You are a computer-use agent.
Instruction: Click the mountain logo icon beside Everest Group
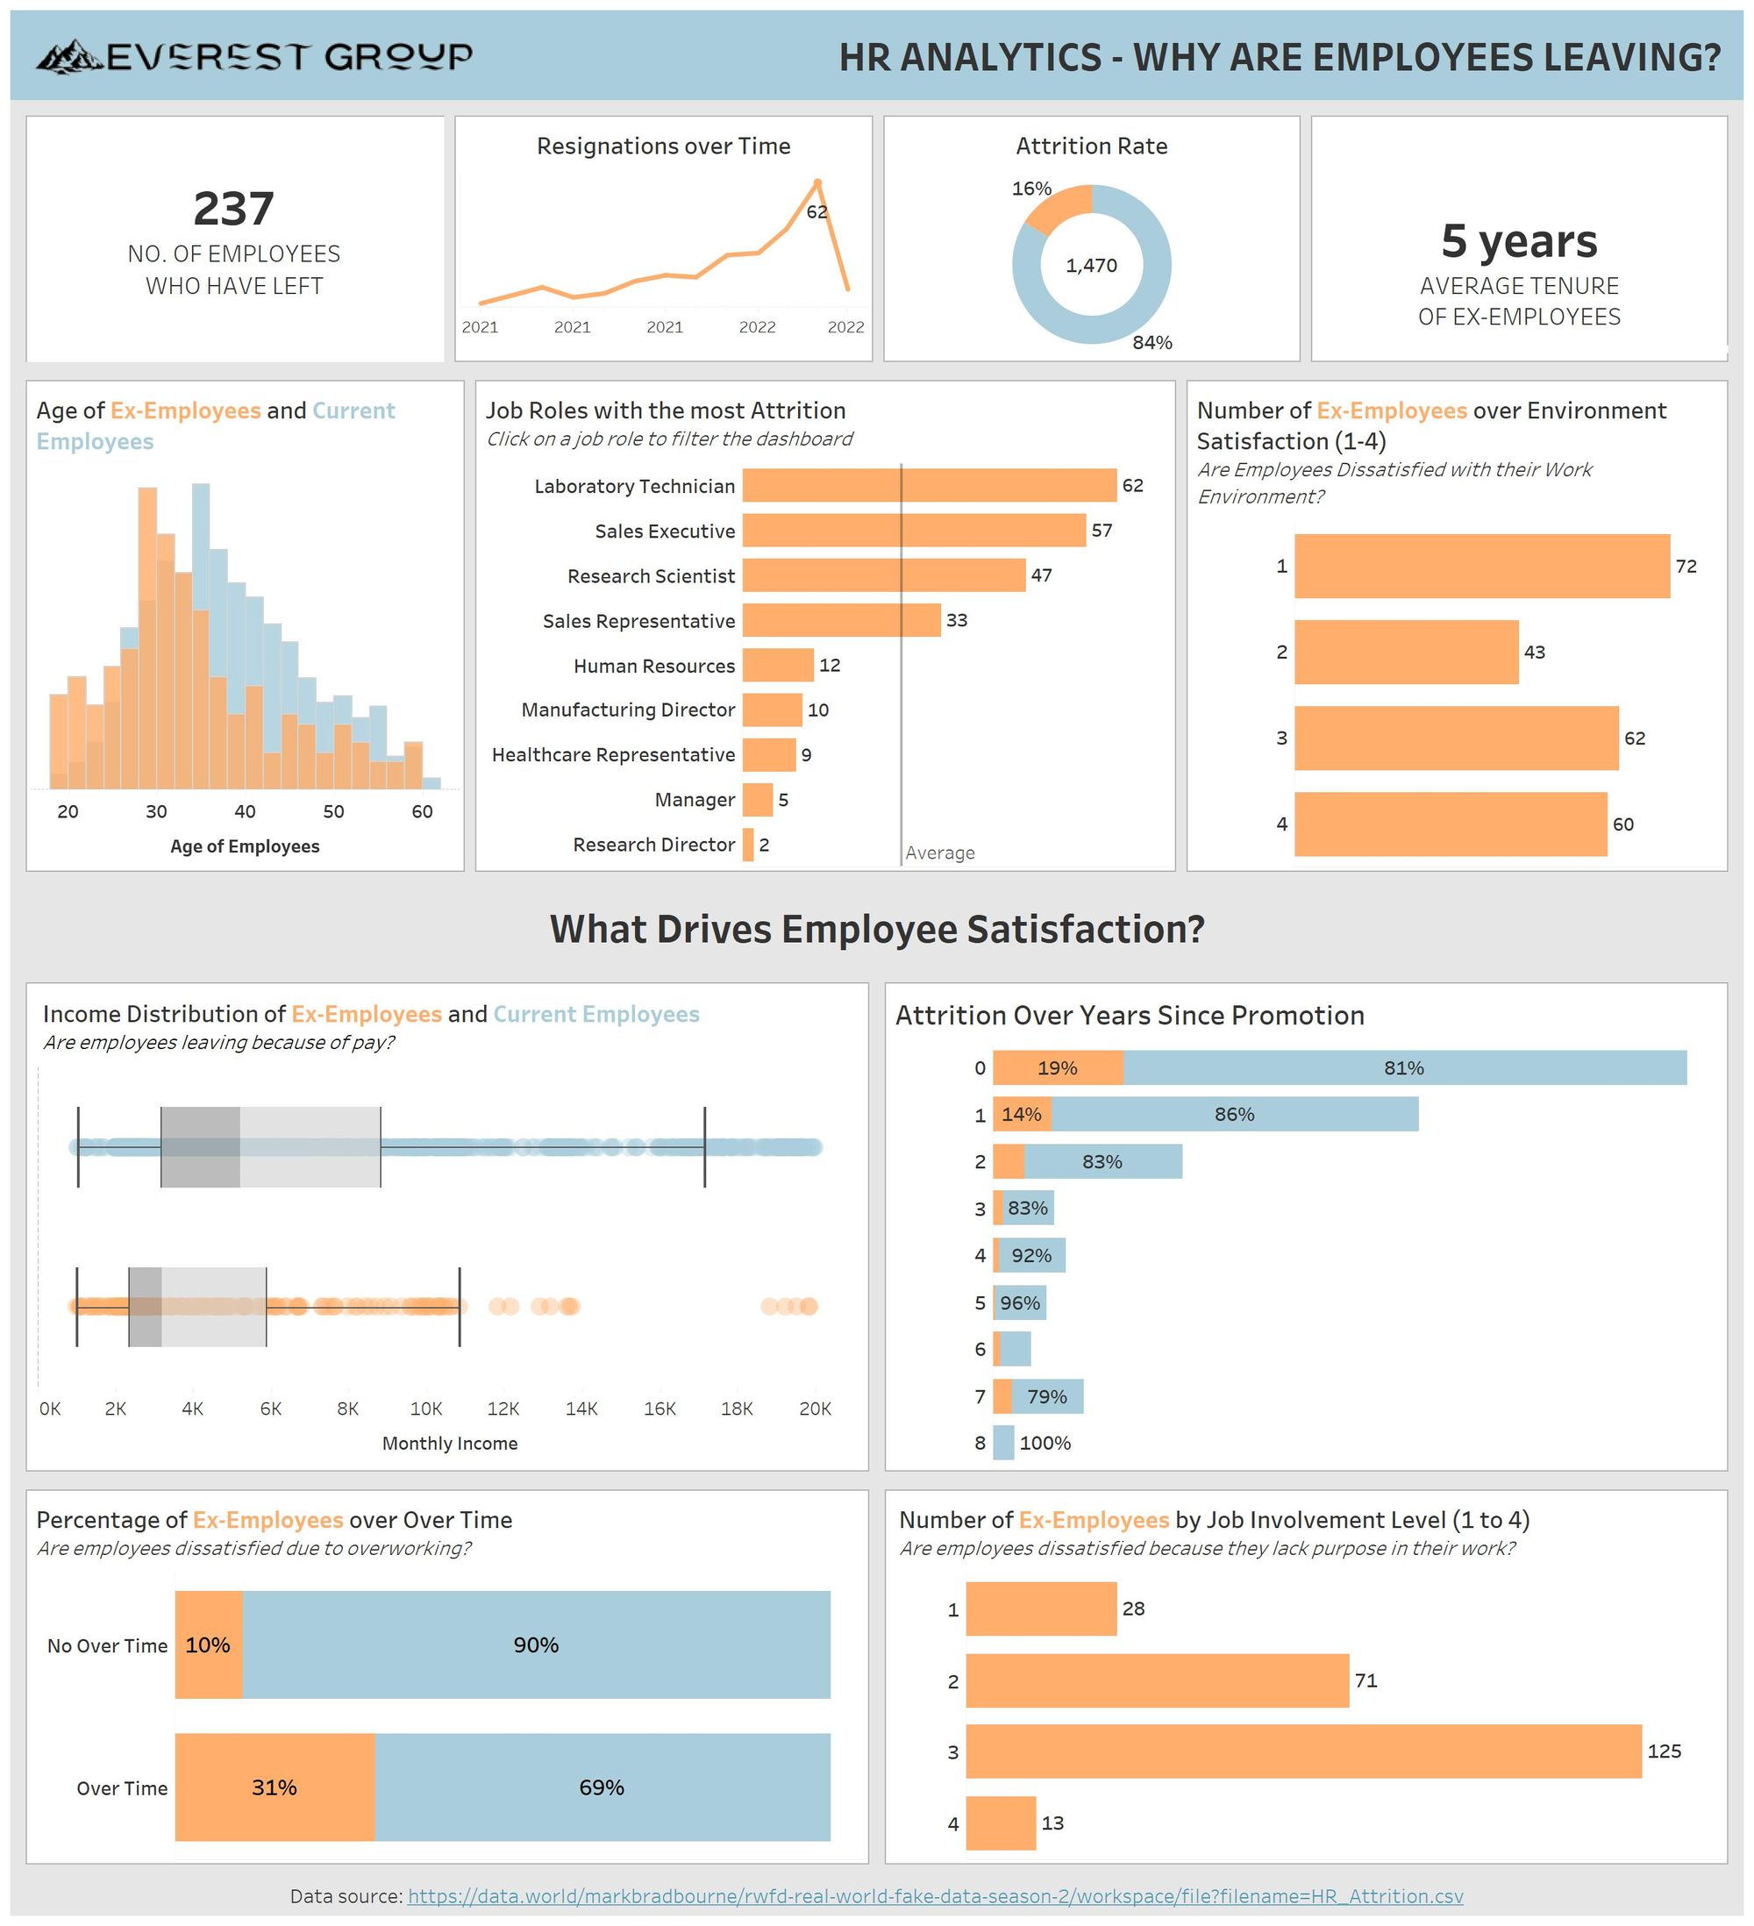point(68,57)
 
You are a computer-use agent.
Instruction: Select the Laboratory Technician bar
point(929,485)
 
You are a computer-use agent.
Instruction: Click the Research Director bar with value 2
point(748,845)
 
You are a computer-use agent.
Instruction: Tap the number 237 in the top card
point(233,208)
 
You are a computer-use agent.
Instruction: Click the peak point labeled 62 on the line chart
point(816,182)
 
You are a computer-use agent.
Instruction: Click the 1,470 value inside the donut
point(1091,266)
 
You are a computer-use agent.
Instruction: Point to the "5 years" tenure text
point(1519,240)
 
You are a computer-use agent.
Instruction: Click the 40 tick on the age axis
point(245,812)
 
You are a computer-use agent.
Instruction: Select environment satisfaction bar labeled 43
point(1405,653)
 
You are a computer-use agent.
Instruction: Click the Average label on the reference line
point(940,853)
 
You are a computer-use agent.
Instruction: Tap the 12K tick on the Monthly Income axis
point(503,1409)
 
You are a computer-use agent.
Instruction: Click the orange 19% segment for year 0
point(1058,1068)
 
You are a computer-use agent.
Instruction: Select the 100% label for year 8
point(1045,1444)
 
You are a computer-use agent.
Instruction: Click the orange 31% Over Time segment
point(275,1787)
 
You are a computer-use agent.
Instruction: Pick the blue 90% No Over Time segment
point(536,1645)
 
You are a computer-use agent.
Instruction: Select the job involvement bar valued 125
point(1303,1751)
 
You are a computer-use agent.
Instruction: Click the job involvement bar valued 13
point(1001,1823)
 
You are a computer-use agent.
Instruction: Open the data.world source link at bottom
point(934,1895)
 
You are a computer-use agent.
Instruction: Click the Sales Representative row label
point(638,621)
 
